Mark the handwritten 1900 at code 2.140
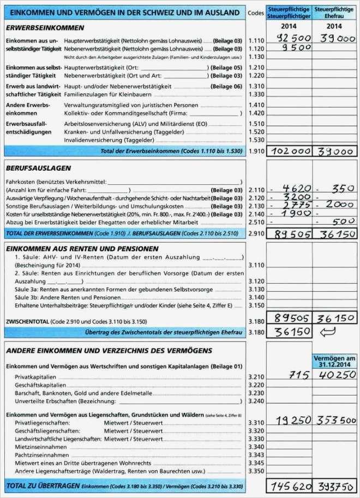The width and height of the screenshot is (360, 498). [292, 213]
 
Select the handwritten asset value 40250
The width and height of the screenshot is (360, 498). [334, 375]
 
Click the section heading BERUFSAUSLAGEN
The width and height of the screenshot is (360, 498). [38, 168]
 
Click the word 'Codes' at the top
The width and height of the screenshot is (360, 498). [255, 12]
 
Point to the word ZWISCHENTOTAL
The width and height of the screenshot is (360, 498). [27, 322]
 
